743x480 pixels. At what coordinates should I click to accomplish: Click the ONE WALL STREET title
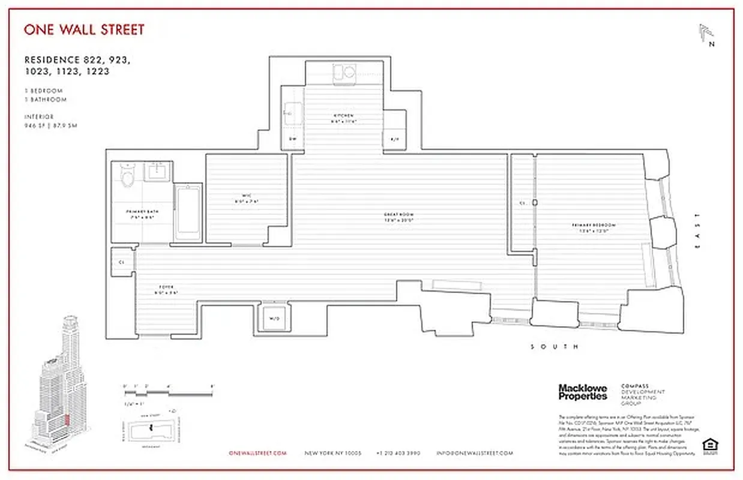pos(84,29)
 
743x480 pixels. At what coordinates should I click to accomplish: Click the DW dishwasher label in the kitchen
pos(293,139)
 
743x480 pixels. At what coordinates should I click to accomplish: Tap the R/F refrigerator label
pos(394,139)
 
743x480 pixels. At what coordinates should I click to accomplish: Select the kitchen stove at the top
pos(344,73)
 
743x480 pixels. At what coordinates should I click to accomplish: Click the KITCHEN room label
pos(344,116)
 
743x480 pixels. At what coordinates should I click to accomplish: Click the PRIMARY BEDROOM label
pos(594,226)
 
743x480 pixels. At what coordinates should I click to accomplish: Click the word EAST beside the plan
pos(697,231)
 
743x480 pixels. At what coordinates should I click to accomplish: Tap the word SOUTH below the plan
pos(555,347)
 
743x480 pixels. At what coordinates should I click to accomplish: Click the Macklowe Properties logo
pos(583,392)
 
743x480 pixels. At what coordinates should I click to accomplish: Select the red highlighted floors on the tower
pos(67,420)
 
